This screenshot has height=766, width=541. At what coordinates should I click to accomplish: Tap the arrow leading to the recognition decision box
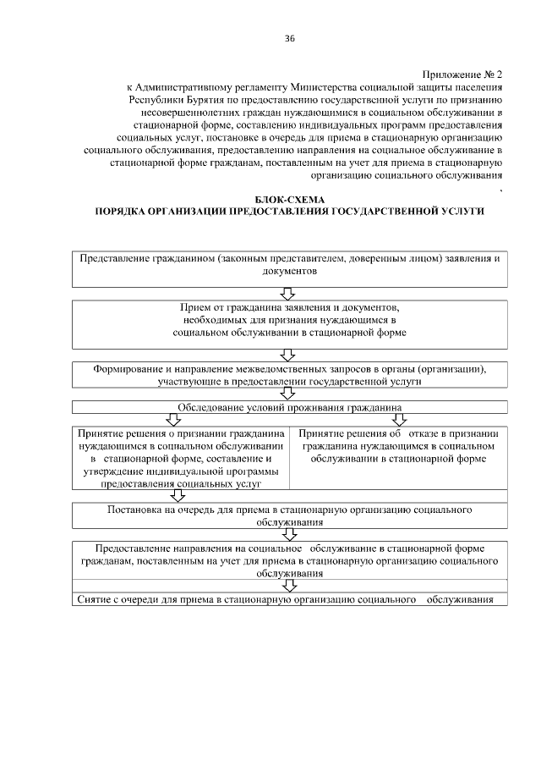(172, 420)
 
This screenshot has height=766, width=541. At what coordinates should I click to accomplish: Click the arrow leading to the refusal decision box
(389, 420)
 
